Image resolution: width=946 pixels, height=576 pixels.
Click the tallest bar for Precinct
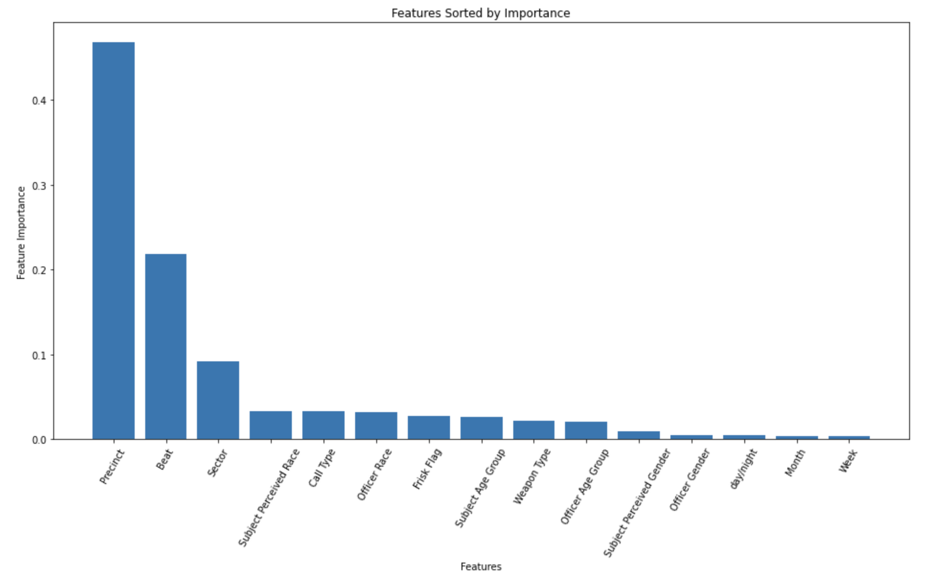click(x=113, y=240)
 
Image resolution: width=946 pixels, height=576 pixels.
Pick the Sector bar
click(x=218, y=400)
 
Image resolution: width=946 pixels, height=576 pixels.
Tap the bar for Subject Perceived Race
click(x=271, y=425)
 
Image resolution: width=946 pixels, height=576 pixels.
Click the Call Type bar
click(x=323, y=425)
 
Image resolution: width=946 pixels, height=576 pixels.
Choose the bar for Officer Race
click(x=376, y=426)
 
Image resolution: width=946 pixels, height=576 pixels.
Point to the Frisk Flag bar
click(x=429, y=427)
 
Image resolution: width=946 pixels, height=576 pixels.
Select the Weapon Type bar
click(x=534, y=430)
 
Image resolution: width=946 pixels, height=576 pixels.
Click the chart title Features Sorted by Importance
click(x=481, y=13)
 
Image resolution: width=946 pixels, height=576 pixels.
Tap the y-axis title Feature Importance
click(x=21, y=233)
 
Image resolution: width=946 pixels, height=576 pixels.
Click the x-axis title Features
click(x=481, y=566)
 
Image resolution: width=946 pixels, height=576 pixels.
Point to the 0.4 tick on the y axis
click(x=39, y=101)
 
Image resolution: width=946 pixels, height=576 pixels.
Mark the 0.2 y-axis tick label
click(x=39, y=270)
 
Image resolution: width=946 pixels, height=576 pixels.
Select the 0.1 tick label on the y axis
click(x=39, y=355)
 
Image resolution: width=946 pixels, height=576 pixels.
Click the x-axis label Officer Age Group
click(x=584, y=486)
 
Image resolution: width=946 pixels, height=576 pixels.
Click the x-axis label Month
click(x=795, y=463)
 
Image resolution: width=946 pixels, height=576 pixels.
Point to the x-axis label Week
click(x=848, y=461)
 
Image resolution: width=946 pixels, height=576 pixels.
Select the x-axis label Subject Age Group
click(x=480, y=488)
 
